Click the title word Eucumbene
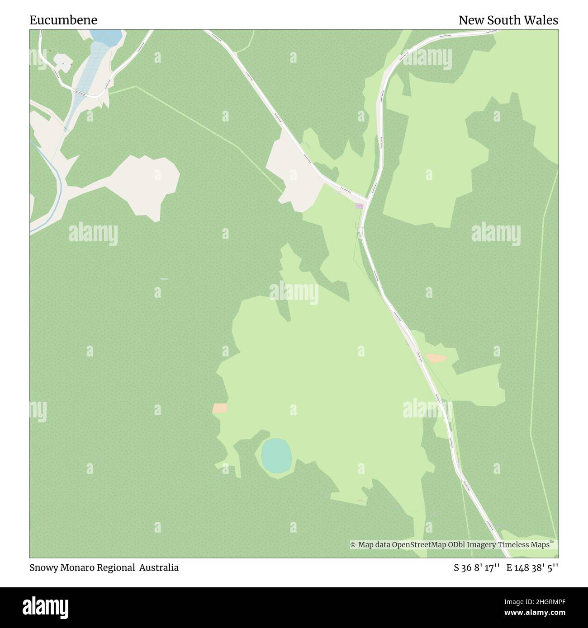63,20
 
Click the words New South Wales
508,20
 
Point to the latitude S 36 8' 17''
477,568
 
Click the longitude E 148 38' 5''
532,568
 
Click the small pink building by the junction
359,206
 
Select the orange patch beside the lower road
436,358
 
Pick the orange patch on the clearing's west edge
220,408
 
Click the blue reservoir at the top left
107,37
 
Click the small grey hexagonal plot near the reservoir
62,63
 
